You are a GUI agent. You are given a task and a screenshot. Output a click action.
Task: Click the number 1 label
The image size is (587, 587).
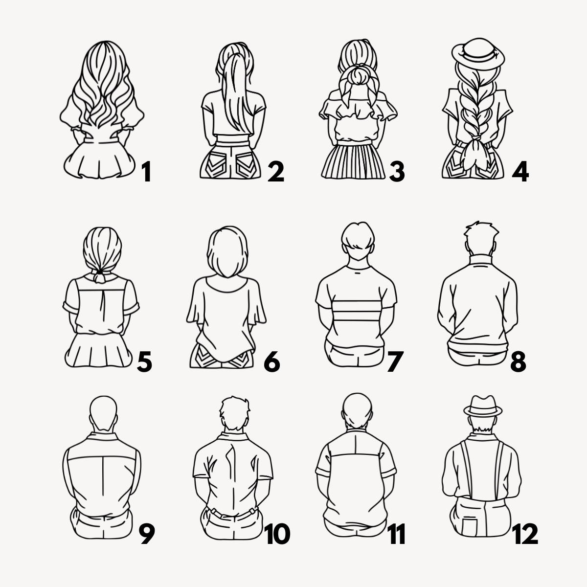pyautogui.click(x=147, y=172)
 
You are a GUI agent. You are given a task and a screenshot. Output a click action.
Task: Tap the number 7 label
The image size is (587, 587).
pyautogui.click(x=395, y=361)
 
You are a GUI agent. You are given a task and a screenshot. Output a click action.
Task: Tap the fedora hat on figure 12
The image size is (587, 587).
pyautogui.click(x=483, y=406)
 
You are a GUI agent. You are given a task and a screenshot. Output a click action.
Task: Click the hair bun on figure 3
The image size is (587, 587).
pyautogui.click(x=360, y=75)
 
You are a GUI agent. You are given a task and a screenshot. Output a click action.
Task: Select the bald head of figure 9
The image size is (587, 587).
pyautogui.click(x=104, y=413)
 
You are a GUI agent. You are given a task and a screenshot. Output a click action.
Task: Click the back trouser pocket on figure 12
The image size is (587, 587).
pyautogui.click(x=470, y=528)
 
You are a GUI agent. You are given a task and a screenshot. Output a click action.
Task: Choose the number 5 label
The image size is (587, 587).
pyautogui.click(x=144, y=361)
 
